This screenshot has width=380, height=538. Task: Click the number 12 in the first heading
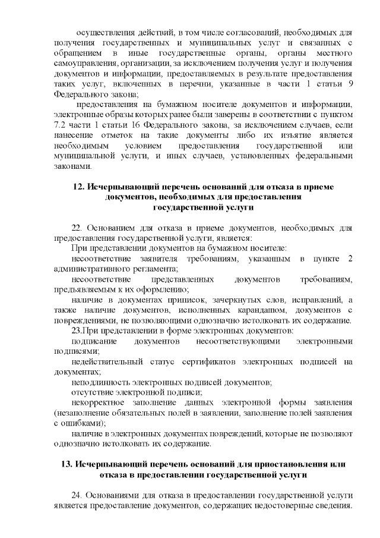pos(78,187)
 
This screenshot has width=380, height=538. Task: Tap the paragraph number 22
pos(76,227)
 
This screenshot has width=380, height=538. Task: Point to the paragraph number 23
pos(77,330)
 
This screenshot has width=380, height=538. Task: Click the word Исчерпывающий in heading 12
pos(116,187)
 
